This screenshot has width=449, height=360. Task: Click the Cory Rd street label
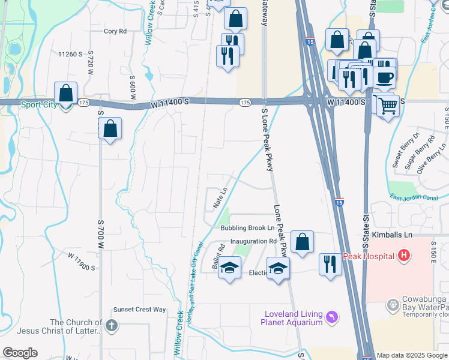(x=115, y=31)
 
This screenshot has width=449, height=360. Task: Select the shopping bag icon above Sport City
(x=66, y=94)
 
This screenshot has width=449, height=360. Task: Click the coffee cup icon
(x=384, y=76)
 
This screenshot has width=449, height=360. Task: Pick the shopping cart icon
(x=388, y=106)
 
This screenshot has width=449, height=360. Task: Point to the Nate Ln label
(x=220, y=197)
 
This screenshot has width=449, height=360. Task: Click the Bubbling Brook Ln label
(x=247, y=228)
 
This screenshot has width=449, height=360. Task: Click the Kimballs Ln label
(x=391, y=235)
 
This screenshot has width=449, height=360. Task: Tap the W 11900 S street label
(x=81, y=262)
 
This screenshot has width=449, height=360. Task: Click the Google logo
(x=20, y=353)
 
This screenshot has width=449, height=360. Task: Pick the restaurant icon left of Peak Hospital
(x=330, y=263)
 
